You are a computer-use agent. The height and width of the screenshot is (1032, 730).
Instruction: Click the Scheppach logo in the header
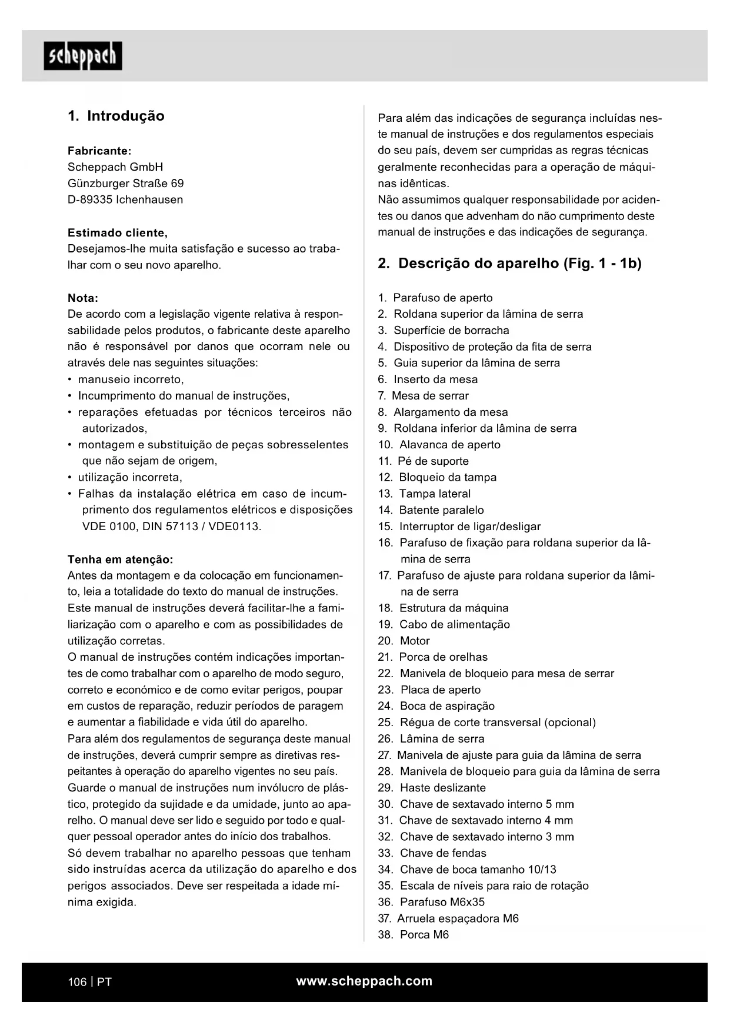point(83,56)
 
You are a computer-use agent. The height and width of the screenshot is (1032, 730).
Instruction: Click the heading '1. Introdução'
point(116,116)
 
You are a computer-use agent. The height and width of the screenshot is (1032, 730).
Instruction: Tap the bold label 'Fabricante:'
point(99,151)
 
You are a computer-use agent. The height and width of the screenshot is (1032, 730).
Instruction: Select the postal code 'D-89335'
point(89,199)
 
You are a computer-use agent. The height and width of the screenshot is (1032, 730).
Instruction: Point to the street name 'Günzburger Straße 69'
point(125,183)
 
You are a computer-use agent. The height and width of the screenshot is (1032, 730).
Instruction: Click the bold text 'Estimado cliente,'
point(118,232)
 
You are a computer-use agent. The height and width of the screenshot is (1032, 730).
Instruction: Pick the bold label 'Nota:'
point(83,298)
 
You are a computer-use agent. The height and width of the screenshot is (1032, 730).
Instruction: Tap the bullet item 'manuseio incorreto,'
point(131,379)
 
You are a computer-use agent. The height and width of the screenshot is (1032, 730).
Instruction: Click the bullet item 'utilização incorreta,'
point(130,477)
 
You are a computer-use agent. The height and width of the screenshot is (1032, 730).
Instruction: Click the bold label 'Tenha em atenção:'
point(121,559)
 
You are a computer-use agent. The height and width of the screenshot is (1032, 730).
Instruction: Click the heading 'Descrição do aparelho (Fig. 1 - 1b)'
point(519,263)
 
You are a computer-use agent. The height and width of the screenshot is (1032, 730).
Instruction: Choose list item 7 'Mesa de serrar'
point(429,396)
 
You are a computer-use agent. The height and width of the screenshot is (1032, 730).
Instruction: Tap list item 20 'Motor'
point(414,641)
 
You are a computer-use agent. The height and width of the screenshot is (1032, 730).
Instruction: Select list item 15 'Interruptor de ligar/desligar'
point(469,527)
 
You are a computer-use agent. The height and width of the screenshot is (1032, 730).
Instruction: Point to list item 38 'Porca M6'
point(424,934)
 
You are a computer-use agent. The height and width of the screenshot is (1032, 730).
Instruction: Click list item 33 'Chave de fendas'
point(442,853)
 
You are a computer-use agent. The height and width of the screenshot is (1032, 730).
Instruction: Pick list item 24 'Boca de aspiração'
point(446,706)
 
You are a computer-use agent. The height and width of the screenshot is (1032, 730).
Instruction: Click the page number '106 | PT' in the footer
point(89,981)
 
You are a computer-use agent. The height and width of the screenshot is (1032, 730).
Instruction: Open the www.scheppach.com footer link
point(364,981)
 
